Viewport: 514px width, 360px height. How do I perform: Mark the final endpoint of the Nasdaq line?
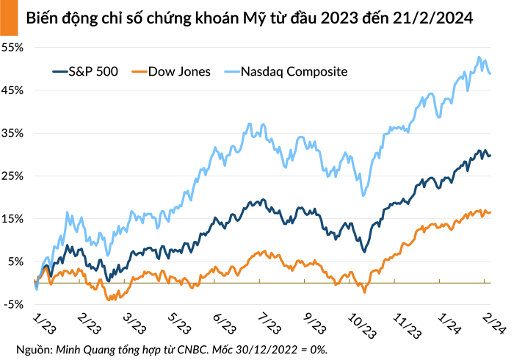click(490, 73)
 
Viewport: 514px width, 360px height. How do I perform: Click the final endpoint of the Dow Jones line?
click(490, 212)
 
